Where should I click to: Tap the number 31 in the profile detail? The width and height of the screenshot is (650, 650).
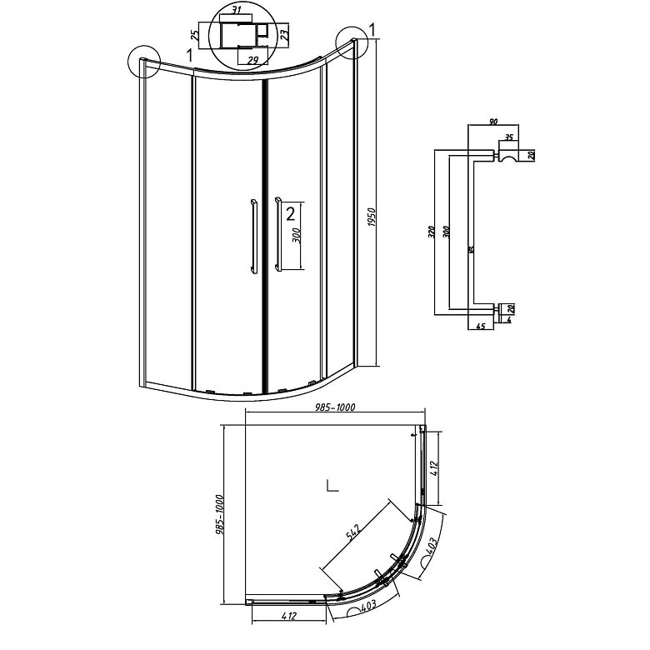(237, 10)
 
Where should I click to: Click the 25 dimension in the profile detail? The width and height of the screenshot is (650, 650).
(195, 36)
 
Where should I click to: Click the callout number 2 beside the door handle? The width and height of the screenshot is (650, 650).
(290, 214)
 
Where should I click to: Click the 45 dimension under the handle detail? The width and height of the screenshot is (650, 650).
(482, 327)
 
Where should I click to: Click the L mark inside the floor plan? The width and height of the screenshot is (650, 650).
(331, 486)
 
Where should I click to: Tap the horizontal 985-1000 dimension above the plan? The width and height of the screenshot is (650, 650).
(332, 407)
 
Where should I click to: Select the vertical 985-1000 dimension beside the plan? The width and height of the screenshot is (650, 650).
(220, 514)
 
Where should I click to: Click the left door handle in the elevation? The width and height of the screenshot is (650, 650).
(252, 235)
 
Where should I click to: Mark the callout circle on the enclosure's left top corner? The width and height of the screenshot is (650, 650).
(144, 62)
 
